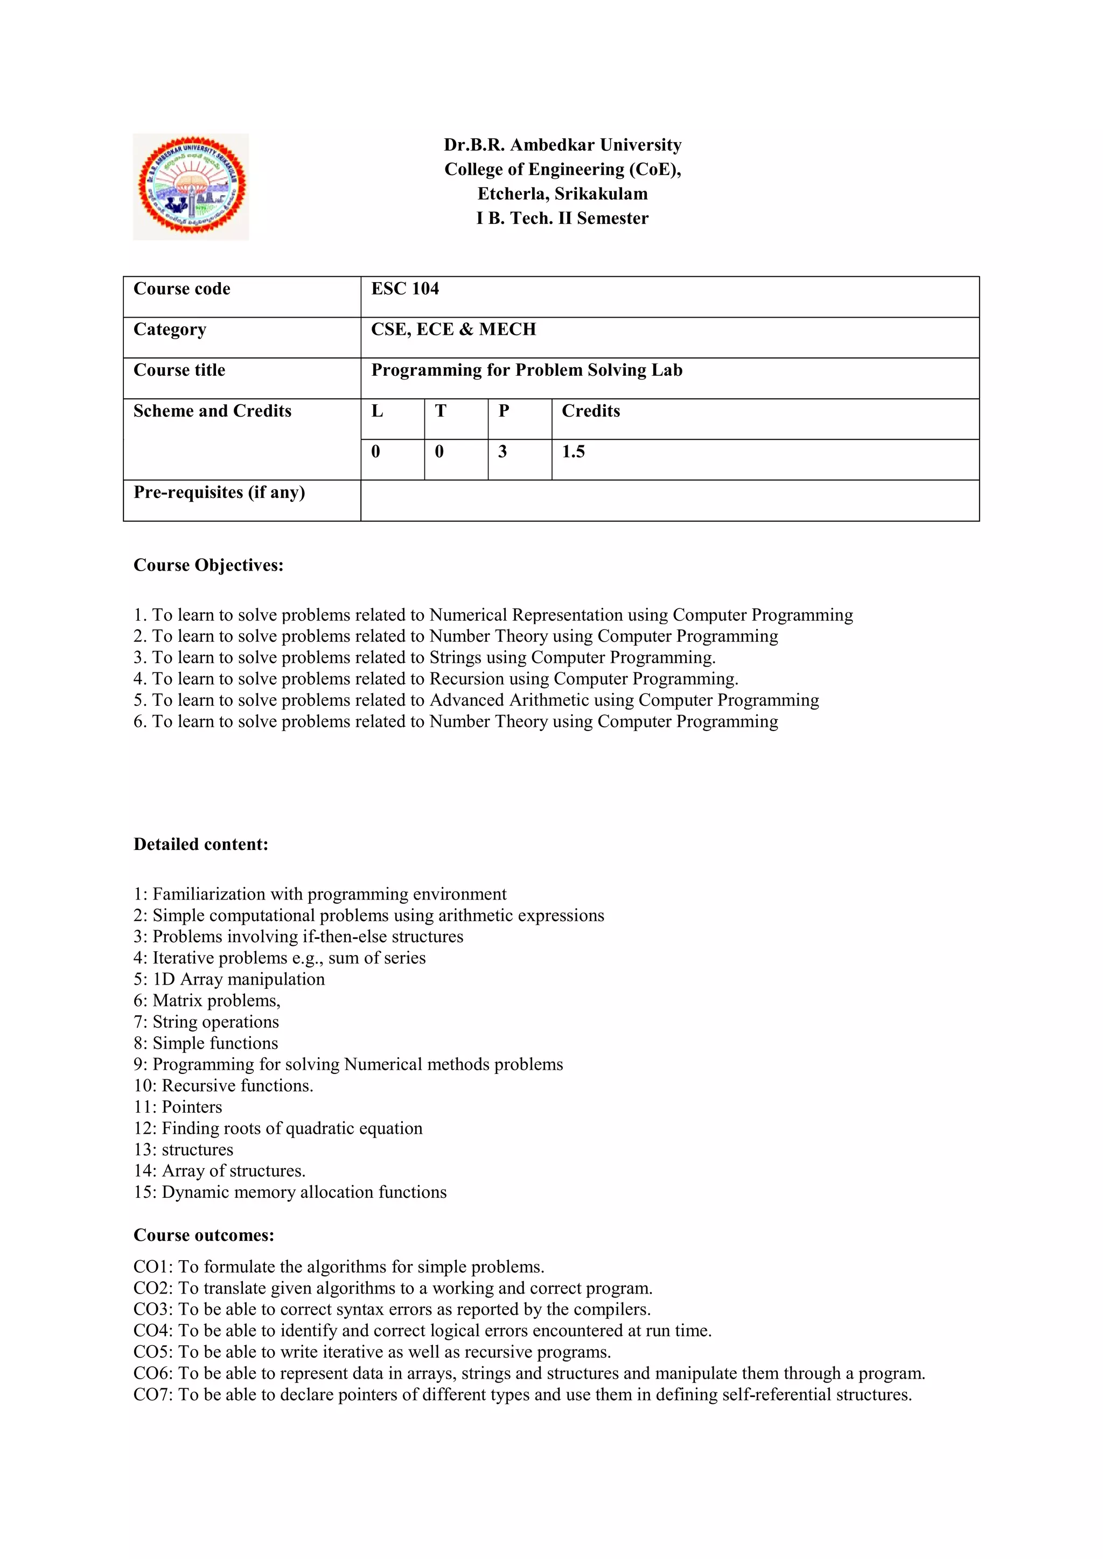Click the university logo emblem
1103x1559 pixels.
(191, 186)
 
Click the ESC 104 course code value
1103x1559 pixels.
(405, 289)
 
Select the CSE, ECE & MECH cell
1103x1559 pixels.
(453, 330)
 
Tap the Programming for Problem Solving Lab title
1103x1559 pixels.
(526, 371)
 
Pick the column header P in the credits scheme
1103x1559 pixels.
(503, 411)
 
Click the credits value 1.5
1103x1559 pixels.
(573, 452)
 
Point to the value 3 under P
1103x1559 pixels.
(502, 452)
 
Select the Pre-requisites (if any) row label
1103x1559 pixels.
(219, 493)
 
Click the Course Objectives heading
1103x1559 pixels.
(208, 566)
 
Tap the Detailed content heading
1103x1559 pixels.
(200, 845)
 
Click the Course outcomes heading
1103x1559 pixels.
(204, 1235)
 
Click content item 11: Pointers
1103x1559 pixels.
(178, 1107)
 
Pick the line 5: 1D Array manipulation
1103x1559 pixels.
(229, 979)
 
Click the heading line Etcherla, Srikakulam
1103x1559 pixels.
(562, 194)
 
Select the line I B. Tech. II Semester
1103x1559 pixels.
(562, 219)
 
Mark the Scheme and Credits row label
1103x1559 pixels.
(212, 411)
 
